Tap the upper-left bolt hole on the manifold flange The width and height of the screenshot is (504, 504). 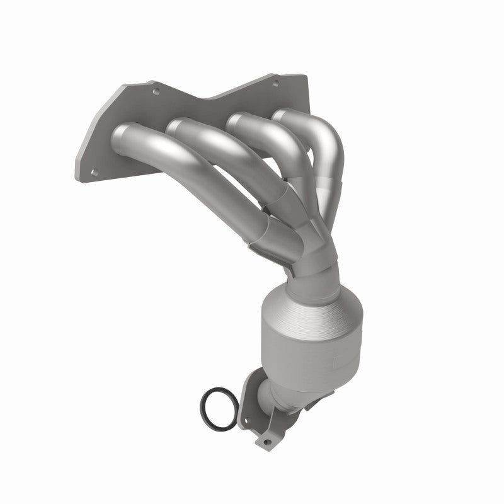click(156, 91)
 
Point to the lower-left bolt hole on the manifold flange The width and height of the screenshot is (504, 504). click(93, 171)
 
